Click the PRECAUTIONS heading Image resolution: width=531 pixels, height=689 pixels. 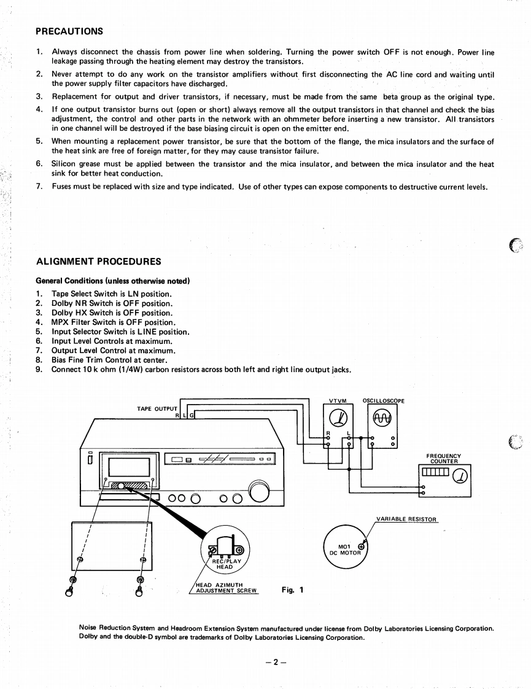click(x=69, y=31)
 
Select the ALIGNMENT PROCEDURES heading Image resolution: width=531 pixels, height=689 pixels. click(x=99, y=262)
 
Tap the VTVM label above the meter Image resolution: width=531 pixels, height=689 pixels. click(x=338, y=401)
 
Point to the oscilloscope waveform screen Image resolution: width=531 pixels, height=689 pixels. click(x=381, y=419)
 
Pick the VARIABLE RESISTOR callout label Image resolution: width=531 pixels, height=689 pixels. click(x=406, y=519)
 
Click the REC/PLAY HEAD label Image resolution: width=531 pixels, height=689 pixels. click(x=227, y=564)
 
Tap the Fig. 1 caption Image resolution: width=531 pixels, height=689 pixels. click(x=292, y=590)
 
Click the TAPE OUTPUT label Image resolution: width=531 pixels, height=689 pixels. click(x=157, y=408)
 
